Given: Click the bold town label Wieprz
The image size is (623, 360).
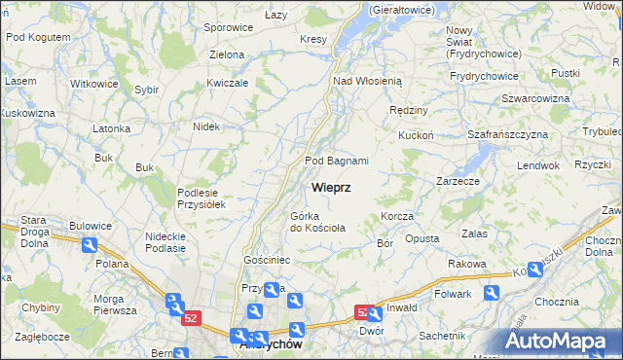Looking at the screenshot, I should (x=331, y=187).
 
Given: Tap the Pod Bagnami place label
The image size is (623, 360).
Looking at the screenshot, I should (x=337, y=161).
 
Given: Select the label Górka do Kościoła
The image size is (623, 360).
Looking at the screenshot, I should (x=317, y=222).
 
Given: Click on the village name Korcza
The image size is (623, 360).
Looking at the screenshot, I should (x=398, y=216).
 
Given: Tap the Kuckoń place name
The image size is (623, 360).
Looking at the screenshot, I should (x=416, y=136).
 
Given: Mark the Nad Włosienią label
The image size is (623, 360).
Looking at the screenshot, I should (x=374, y=82).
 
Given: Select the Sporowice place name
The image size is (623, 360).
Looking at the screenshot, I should (x=229, y=27).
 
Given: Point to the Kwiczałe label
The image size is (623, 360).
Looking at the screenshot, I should (x=230, y=83).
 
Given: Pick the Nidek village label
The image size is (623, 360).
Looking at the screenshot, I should (x=206, y=126).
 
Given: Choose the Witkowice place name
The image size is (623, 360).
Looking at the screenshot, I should (x=94, y=84).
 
